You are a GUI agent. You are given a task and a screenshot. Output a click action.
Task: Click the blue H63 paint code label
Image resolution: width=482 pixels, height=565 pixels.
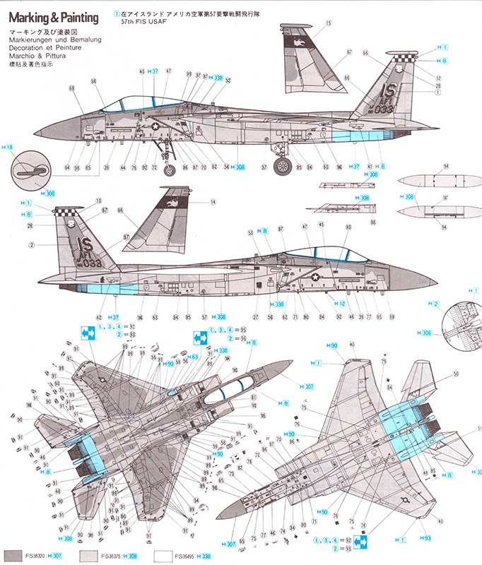click(x=192, y=357)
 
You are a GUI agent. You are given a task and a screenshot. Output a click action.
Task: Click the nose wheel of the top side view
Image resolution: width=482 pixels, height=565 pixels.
click(x=170, y=169)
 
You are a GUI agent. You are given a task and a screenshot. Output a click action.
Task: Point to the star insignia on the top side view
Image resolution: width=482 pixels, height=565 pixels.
click(x=155, y=126)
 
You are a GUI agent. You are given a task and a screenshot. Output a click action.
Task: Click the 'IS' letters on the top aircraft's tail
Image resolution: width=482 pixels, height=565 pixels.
click(x=388, y=91)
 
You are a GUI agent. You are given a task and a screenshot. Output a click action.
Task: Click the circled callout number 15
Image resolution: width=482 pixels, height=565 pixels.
click(x=329, y=23)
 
